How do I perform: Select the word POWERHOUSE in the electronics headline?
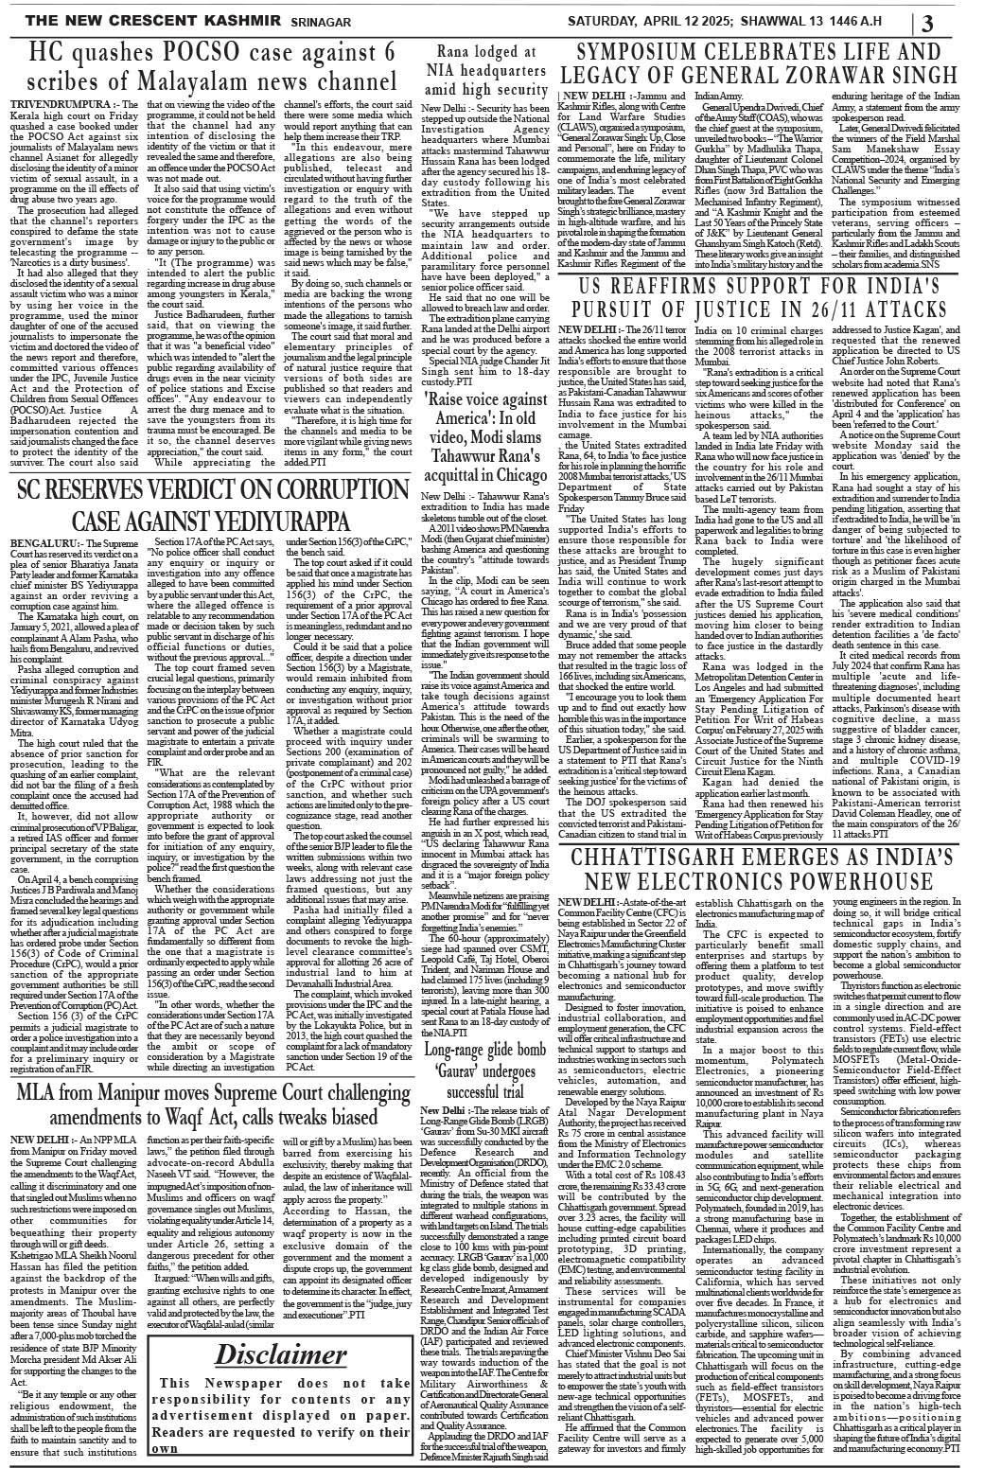(x=857, y=511)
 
